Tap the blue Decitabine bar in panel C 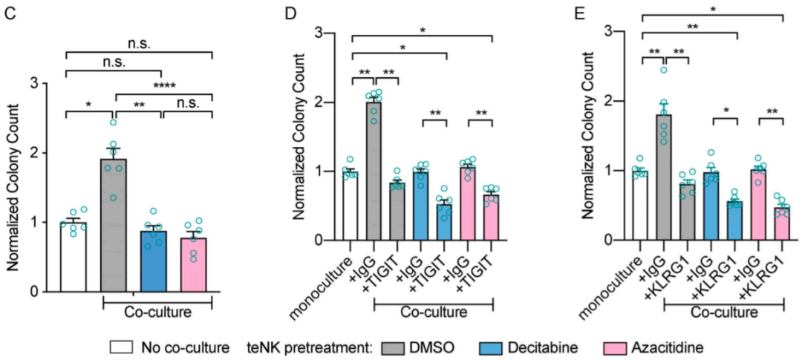154,261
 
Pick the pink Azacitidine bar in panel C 194,264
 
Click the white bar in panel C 73,256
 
